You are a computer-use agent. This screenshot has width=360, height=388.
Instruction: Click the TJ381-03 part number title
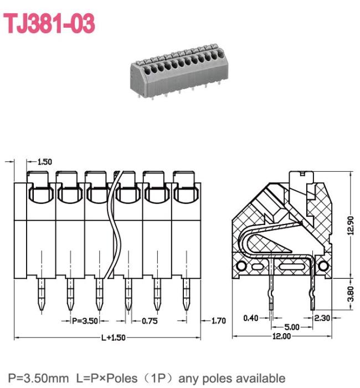point(49,23)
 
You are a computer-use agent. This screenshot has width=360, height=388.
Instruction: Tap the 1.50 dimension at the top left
point(45,162)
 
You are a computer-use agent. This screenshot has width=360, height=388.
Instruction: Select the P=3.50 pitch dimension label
point(85,321)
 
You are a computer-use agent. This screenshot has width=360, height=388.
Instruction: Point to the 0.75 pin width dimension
point(150,321)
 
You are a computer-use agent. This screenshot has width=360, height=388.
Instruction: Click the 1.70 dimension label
point(219,321)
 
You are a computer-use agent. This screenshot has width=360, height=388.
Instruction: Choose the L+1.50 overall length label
point(114,338)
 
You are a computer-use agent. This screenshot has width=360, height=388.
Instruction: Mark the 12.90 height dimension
point(351,225)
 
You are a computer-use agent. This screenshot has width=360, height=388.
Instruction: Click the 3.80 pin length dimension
point(351,294)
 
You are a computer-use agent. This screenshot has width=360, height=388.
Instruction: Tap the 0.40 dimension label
point(251,318)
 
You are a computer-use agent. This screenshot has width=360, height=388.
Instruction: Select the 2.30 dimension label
point(322,318)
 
